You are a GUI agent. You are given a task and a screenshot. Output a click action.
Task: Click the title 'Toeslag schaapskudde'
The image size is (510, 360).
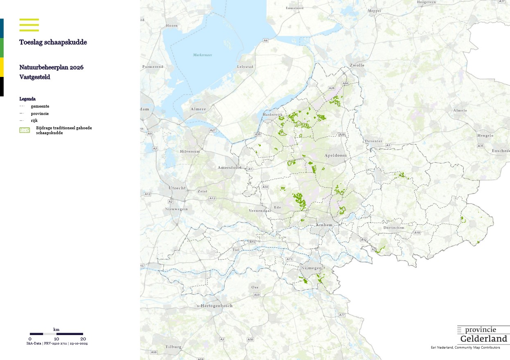(53, 42)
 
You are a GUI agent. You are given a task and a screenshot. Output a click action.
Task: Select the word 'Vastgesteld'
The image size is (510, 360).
(35, 77)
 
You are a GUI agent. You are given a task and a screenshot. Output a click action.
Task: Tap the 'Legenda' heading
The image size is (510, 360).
(27, 99)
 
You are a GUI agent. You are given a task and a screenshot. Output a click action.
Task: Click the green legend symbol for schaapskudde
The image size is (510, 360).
(25, 130)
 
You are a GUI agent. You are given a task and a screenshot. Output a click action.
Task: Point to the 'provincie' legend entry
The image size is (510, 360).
(40, 113)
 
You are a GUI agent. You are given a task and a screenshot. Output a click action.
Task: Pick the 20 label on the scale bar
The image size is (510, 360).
(83, 339)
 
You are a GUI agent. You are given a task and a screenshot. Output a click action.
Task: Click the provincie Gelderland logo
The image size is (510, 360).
(483, 335)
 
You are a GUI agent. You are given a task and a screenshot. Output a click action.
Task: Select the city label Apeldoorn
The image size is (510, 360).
(335, 156)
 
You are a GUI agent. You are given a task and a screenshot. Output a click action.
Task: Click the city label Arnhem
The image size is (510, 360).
(324, 225)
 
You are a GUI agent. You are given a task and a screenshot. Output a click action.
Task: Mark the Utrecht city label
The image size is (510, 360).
(177, 188)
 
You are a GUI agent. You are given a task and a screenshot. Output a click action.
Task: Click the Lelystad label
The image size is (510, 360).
(245, 67)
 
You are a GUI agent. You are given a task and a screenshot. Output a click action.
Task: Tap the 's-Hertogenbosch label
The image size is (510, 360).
(215, 306)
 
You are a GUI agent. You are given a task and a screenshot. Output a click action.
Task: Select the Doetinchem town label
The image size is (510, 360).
(394, 227)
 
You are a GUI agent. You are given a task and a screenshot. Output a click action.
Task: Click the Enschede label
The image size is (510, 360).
(501, 151)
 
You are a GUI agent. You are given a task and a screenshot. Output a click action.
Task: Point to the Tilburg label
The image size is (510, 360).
(174, 346)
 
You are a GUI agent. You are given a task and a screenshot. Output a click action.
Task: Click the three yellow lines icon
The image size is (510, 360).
(29, 25)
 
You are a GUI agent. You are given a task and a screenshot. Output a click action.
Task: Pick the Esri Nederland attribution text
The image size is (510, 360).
(465, 347)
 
